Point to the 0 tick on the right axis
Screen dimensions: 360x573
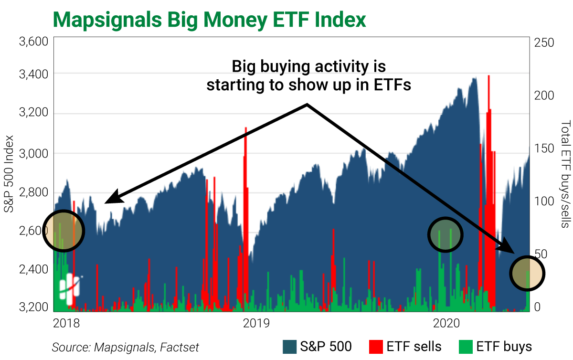coord(537,307)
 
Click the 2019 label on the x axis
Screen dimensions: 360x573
coord(256,323)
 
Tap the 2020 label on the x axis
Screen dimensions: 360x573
coord(446,323)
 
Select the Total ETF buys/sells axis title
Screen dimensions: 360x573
coord(565,174)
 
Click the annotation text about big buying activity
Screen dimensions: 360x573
coord(308,75)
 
